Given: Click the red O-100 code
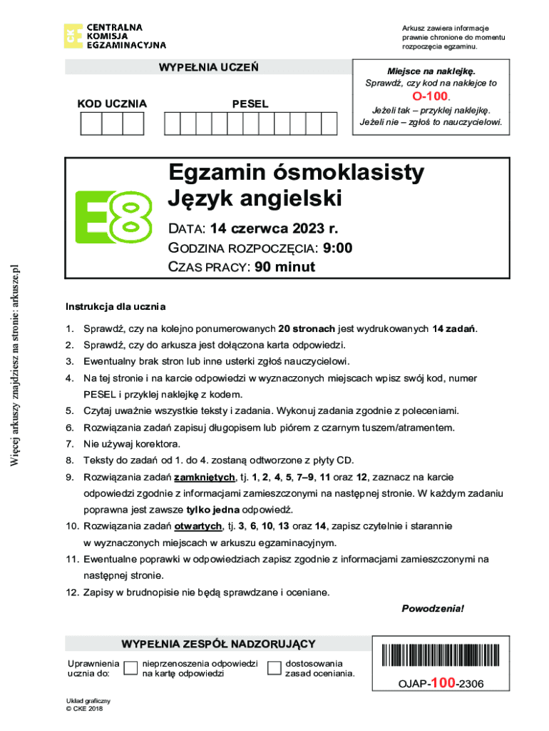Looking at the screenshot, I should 431,96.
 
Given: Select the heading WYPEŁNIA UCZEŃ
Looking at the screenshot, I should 209,68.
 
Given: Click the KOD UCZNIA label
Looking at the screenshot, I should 112,104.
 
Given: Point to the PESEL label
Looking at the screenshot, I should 250,104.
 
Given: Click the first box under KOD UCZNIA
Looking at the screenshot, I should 91,124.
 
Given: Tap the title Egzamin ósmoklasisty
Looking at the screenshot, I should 296,173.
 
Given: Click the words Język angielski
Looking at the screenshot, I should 255,198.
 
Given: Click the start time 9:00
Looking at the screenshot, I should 337,248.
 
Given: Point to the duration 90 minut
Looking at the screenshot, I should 279,268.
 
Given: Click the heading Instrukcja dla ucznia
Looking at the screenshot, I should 116,307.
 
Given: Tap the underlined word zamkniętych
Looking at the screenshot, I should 205,477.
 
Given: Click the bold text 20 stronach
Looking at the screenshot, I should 307,329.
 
